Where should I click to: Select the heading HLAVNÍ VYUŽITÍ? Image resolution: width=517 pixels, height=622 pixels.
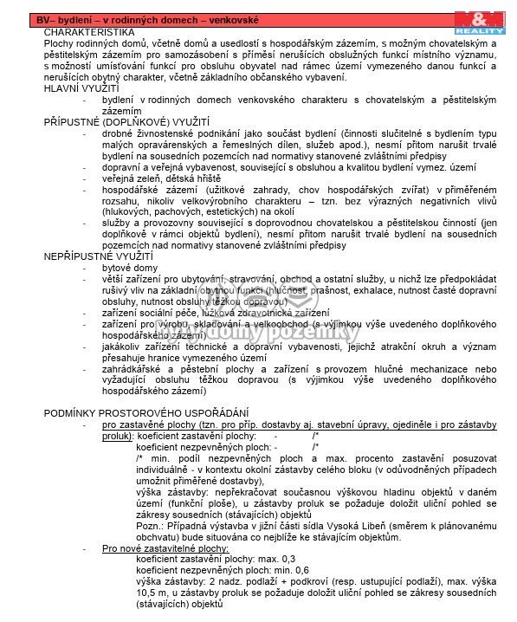click(81, 88)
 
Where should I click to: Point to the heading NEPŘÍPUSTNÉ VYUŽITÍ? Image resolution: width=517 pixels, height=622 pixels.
click(98, 256)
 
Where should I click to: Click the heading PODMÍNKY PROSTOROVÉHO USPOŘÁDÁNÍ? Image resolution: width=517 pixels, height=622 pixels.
click(146, 412)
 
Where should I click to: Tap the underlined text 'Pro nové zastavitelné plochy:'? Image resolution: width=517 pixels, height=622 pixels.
click(165, 548)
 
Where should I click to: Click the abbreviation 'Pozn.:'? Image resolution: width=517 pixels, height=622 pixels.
click(152, 525)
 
